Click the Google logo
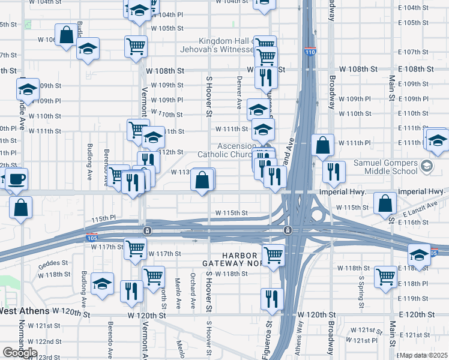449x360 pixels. coord(19,353)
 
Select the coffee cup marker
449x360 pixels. coord(16,179)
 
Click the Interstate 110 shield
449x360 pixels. coord(310,52)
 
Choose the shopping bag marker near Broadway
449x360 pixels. coord(322,145)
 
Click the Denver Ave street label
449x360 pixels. coord(239,92)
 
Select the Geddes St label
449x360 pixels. coord(50,265)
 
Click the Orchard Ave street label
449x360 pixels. coord(193,286)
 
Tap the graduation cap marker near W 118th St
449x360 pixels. coord(103,283)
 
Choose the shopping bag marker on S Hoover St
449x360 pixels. coord(203,179)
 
